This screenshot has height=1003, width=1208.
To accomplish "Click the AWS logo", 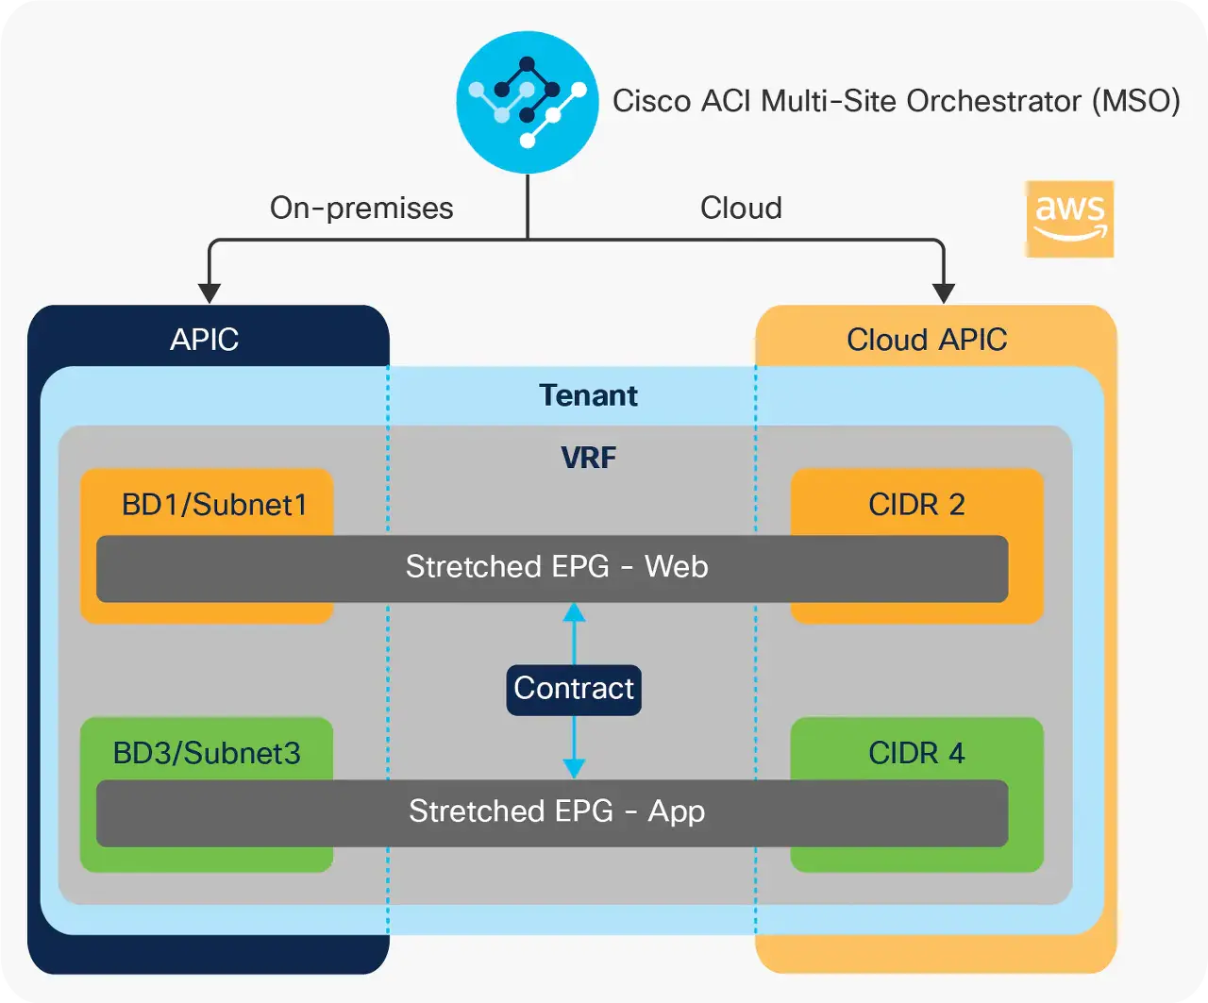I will pos(1069,219).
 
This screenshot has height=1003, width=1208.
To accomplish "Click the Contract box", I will pos(574,689).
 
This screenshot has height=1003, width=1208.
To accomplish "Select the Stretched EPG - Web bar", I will pos(552,568).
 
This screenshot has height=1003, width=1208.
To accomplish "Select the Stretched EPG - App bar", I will pos(552,812).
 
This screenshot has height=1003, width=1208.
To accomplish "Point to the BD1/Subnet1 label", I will pos(214,505).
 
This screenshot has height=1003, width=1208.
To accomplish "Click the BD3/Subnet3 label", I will pos(207,753).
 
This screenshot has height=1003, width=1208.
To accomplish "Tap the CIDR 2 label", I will pos(916,505).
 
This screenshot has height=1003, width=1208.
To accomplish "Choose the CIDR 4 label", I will pos(916,753).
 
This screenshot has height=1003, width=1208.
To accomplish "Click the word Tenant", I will pos(588,395).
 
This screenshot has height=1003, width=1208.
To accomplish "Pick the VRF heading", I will pos(588,459).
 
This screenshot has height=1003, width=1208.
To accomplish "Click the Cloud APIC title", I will pos(927,340).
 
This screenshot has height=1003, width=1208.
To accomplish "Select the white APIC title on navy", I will pos(204,340).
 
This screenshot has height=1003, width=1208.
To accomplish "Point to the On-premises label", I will pos(361,208).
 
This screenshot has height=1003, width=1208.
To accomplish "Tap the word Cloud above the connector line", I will pos(741,208).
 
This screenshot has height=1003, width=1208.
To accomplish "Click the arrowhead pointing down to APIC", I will pos(210,293).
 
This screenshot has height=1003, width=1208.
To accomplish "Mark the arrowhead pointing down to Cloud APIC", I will pos(944,293).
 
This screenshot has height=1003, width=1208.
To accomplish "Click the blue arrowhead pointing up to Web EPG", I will pos(574,613).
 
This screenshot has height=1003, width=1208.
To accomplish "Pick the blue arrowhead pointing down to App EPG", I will pos(574,768).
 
